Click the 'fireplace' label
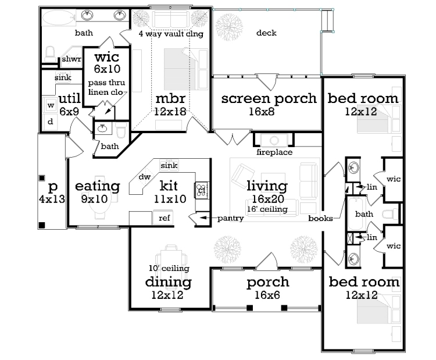click(274, 152)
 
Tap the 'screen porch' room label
click(269, 98)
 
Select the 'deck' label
click(266, 33)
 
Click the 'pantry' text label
click(231, 218)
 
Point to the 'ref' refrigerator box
click(163, 218)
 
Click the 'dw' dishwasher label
click(145, 177)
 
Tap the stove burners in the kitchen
click(201, 190)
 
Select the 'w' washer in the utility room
click(51, 105)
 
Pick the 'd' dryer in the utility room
click(51, 122)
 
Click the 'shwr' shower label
click(72, 59)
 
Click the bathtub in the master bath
click(59, 19)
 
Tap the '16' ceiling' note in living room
click(267, 209)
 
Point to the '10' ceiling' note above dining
click(169, 268)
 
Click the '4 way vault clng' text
click(171, 34)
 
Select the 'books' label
click(320, 219)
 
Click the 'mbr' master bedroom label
click(170, 98)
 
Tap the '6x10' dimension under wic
click(107, 69)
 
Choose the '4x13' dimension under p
click(52, 199)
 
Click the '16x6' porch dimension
click(267, 295)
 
